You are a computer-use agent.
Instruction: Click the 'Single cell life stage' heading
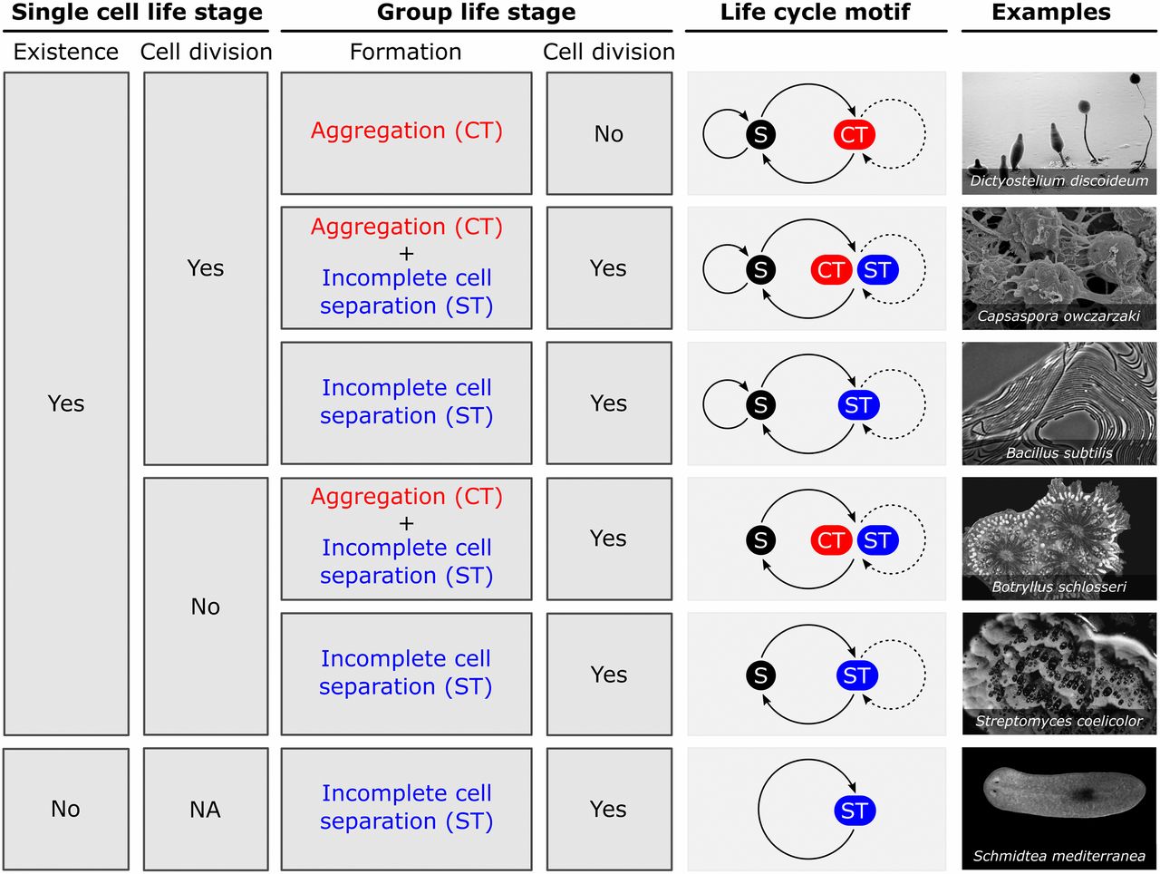pyautogui.click(x=137, y=13)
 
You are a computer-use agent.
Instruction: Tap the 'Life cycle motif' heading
pyautogui.click(x=815, y=13)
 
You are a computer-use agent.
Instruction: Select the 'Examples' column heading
pyautogui.click(x=1051, y=13)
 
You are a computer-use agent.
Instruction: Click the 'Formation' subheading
pyautogui.click(x=405, y=52)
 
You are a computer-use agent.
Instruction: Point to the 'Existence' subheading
pyautogui.click(x=66, y=52)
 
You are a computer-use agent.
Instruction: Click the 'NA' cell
pyautogui.click(x=205, y=810)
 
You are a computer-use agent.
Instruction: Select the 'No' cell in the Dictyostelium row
pyautogui.click(x=609, y=134)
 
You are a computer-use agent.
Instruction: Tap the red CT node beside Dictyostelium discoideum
pyautogui.click(x=854, y=135)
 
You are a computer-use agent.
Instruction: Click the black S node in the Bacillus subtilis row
pyautogui.click(x=760, y=405)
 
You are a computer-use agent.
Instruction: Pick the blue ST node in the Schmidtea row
pyautogui.click(x=855, y=811)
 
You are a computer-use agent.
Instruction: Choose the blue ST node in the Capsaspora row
pyautogui.click(x=878, y=270)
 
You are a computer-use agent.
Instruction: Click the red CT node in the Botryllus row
pyautogui.click(x=831, y=540)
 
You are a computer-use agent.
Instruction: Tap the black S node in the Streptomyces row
pyautogui.click(x=760, y=675)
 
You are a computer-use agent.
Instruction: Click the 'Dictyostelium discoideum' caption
pyautogui.click(x=1059, y=180)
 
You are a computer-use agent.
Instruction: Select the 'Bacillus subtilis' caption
pyautogui.click(x=1059, y=452)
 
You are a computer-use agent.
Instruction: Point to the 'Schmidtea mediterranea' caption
pyautogui.click(x=1059, y=856)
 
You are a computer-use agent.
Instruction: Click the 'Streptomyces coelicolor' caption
pyautogui.click(x=1059, y=721)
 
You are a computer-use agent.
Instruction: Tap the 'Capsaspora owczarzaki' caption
pyautogui.click(x=1058, y=316)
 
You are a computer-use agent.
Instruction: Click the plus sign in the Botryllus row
pyautogui.click(x=406, y=523)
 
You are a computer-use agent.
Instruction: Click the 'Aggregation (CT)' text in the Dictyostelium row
pyautogui.click(x=406, y=131)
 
